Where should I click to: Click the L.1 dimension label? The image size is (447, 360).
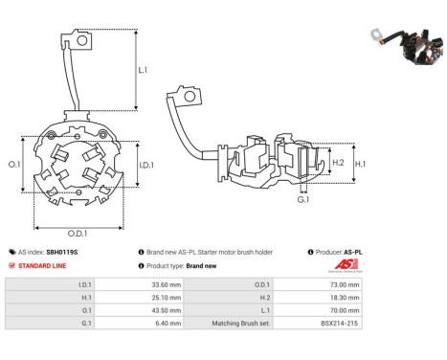tap(143, 70)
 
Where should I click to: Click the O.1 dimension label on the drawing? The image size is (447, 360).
tap(14, 164)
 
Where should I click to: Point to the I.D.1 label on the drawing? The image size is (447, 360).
tap(146, 165)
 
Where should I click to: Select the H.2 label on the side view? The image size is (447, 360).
tap(337, 164)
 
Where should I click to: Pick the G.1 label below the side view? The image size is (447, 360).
tap(303, 200)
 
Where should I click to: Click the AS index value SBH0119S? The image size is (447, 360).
tap(62, 252)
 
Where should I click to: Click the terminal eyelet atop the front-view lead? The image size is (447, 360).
tap(84, 39)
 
